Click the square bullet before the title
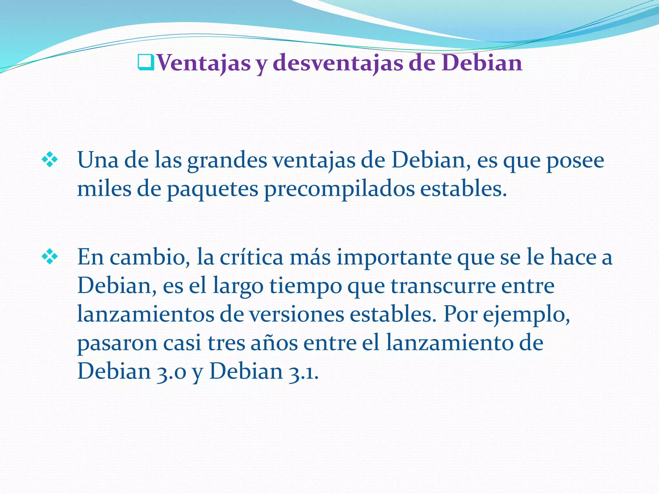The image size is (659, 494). (x=146, y=63)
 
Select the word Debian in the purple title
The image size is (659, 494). (x=482, y=63)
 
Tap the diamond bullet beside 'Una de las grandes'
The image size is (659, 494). (x=50, y=160)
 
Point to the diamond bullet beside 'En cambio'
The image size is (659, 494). (x=50, y=257)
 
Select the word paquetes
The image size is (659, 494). (x=212, y=189)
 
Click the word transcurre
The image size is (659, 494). (x=443, y=286)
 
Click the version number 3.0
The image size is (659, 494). (x=172, y=372)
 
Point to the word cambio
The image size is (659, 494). (x=149, y=257)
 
